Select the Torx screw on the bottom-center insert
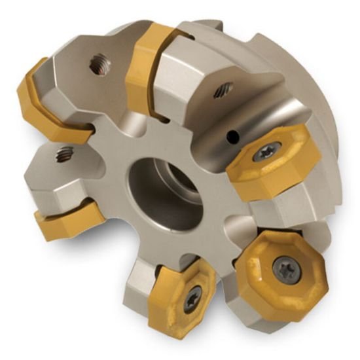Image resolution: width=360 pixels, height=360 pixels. [x=191, y=300]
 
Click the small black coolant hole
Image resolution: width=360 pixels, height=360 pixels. [x=231, y=137]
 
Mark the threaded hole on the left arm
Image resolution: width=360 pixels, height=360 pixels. [x=64, y=154]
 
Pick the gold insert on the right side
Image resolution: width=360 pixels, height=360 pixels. [x=268, y=164]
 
